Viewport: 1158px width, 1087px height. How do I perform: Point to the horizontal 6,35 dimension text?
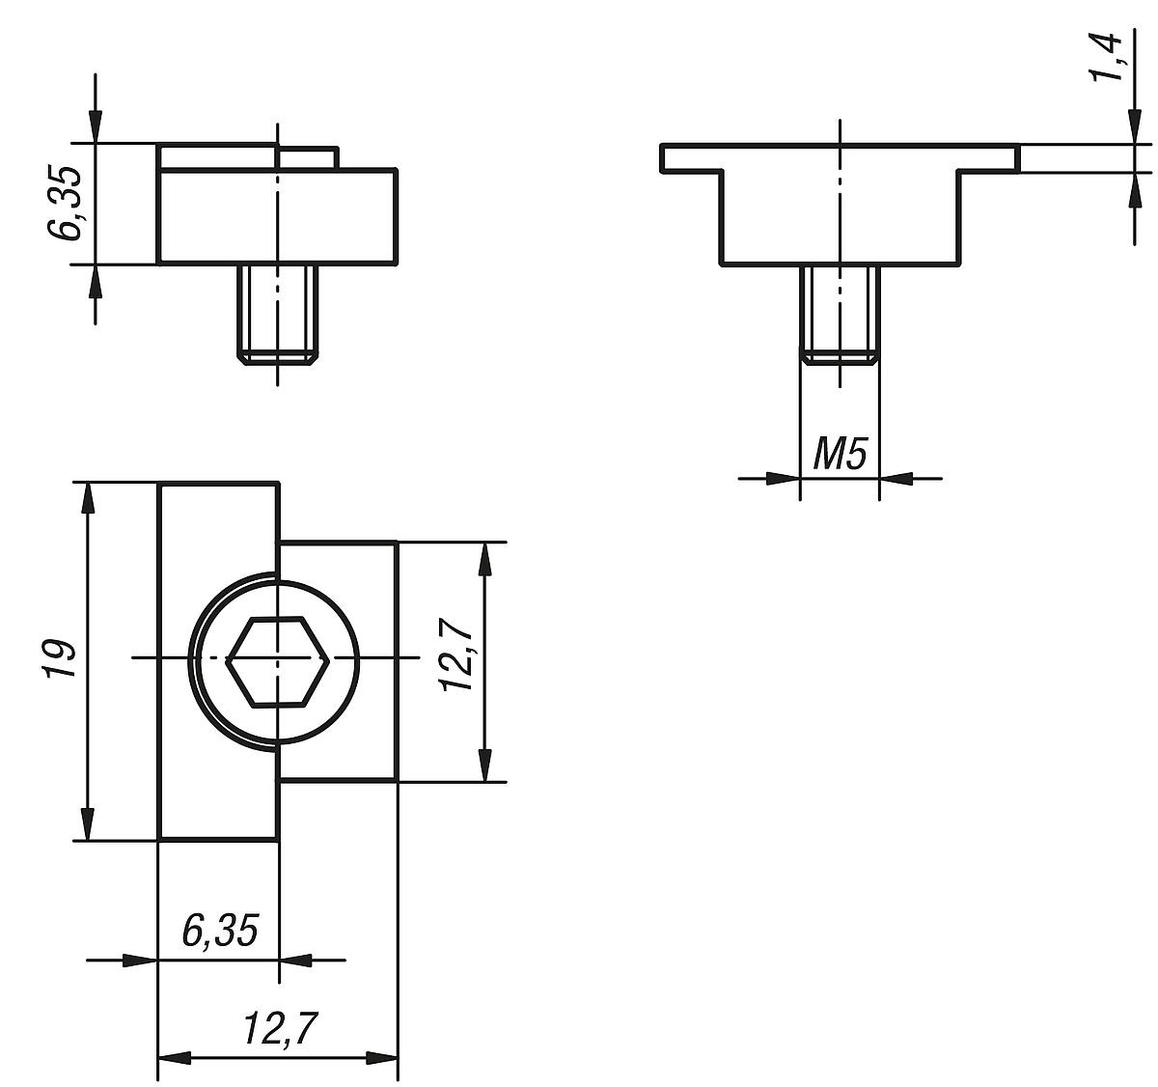click(220, 931)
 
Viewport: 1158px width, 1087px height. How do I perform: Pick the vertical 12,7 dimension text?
click(456, 656)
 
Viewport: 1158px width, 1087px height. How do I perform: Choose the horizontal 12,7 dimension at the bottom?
click(280, 1030)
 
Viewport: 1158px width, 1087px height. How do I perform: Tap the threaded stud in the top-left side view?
click(278, 313)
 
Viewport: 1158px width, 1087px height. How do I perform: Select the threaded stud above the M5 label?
click(840, 313)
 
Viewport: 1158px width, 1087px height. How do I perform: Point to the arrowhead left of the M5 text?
click(784, 477)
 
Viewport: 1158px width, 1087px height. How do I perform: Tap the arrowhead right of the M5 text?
click(896, 477)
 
